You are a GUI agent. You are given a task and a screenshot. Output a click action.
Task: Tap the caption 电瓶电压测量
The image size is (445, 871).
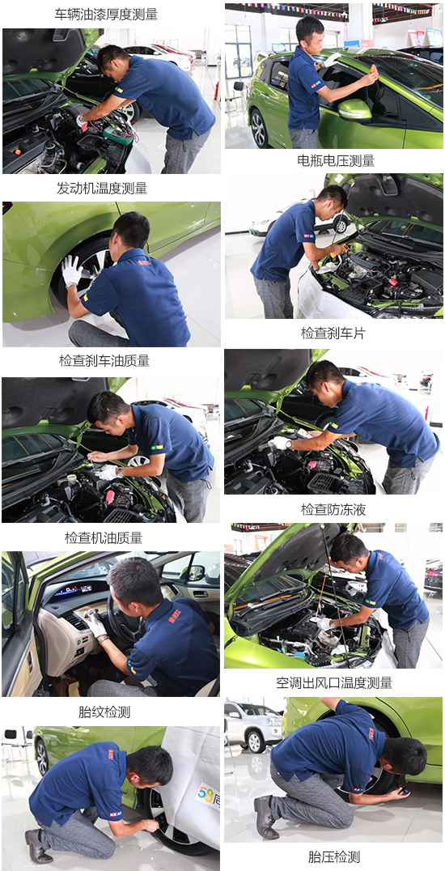(336, 160)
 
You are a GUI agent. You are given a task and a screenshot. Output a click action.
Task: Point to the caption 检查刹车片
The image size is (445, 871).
(333, 333)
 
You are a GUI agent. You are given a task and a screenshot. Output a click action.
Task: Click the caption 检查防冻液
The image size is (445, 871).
(333, 509)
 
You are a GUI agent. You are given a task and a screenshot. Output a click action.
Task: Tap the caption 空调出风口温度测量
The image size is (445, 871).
(334, 682)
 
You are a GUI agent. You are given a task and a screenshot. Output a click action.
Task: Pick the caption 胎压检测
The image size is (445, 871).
(334, 856)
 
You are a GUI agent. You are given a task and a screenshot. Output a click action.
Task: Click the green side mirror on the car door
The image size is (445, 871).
(354, 109)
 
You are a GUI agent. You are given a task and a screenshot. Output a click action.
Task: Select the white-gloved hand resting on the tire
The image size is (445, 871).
(71, 270)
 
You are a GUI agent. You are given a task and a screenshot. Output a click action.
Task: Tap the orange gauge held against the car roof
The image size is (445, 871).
(371, 77)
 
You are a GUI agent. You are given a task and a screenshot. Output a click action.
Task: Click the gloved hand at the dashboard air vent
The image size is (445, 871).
(95, 623)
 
